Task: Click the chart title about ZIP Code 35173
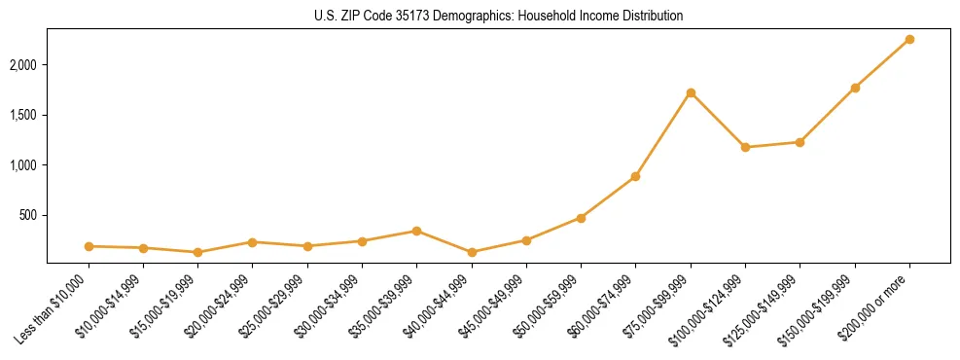pyautogui.click(x=499, y=16)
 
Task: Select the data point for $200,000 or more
pyautogui.click(x=909, y=39)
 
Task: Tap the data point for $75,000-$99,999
pyautogui.click(x=691, y=92)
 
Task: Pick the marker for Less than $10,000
pyautogui.click(x=89, y=246)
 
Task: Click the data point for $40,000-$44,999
pyautogui.click(x=472, y=252)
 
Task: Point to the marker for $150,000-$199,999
pyautogui.click(x=855, y=88)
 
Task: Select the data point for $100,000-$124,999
pyautogui.click(x=745, y=147)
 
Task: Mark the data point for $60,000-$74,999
pyautogui.click(x=635, y=176)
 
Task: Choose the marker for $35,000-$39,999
pyautogui.click(x=416, y=231)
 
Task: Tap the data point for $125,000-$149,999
pyautogui.click(x=800, y=142)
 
